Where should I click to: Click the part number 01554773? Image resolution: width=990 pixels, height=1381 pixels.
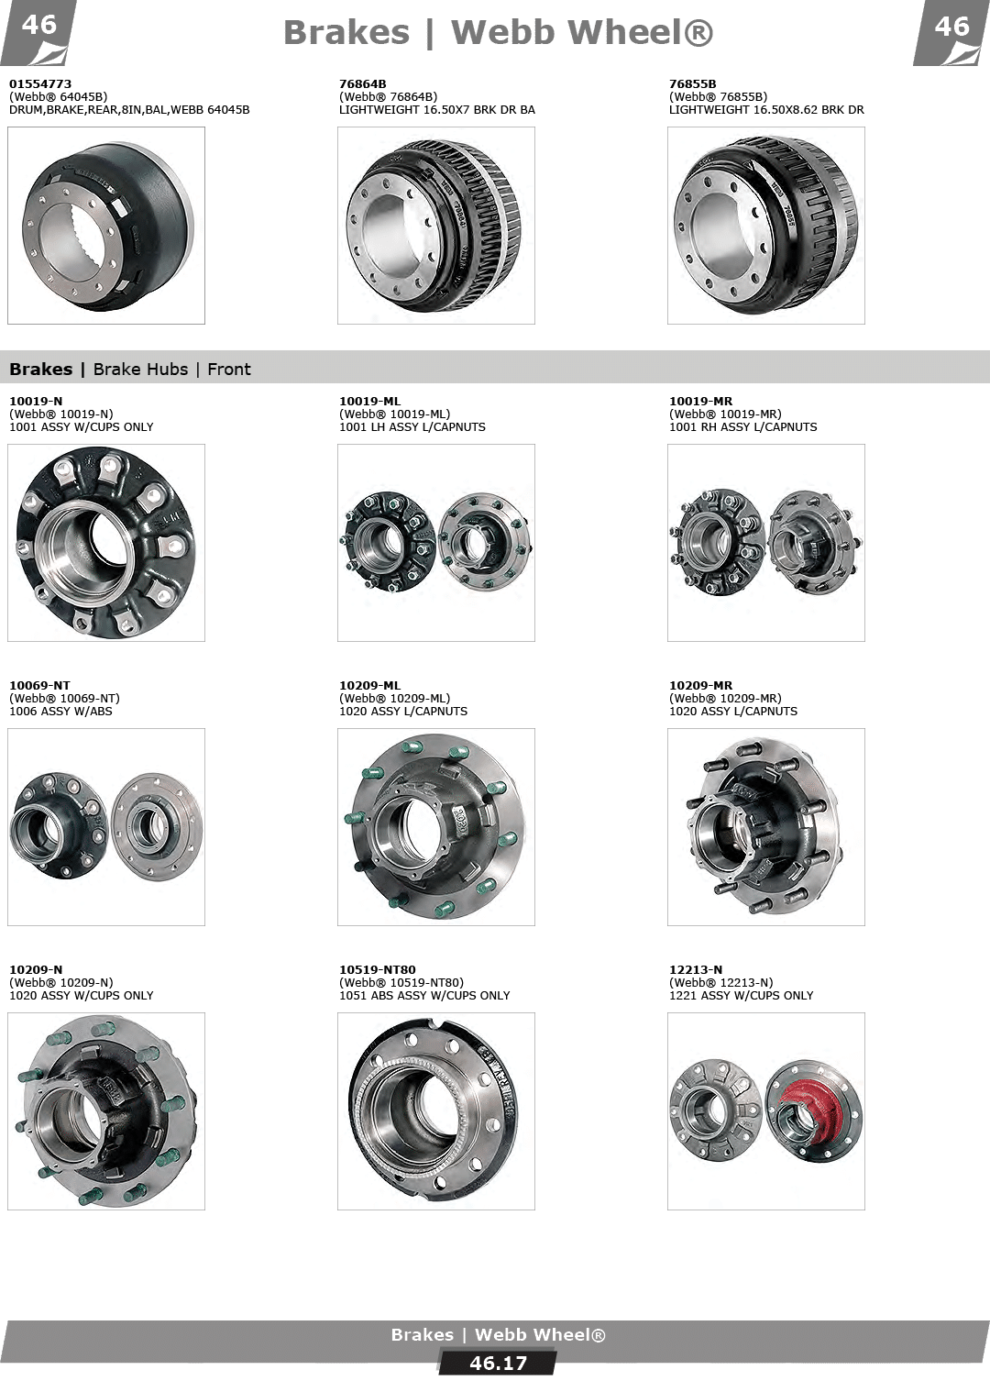point(40,83)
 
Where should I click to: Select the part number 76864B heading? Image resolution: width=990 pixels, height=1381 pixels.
point(362,83)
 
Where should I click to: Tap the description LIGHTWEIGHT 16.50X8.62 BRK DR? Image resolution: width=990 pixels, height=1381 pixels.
point(766,110)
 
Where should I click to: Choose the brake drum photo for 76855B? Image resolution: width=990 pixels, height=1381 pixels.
point(765,225)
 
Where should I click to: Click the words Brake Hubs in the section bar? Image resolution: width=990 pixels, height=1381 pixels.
point(140,370)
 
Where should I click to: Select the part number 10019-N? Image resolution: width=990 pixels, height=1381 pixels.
point(36,402)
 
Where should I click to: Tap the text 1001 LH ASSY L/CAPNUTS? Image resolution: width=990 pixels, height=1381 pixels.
point(412,427)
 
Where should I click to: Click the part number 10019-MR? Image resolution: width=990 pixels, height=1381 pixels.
point(701,402)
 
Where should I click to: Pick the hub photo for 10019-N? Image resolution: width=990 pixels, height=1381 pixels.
point(105,543)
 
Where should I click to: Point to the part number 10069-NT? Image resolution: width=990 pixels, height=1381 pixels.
point(39,686)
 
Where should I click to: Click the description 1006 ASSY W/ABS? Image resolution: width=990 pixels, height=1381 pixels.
point(60,712)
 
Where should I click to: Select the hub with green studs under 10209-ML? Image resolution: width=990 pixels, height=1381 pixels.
point(435,827)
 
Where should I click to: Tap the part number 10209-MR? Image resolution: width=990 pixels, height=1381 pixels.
point(701,686)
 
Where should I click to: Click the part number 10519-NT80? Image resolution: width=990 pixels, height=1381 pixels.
point(378,970)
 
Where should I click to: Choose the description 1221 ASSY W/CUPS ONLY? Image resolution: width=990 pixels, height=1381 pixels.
point(741,996)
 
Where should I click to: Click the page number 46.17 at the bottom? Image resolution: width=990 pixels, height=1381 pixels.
point(498,1364)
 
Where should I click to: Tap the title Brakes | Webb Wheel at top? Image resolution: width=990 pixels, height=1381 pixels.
point(498,32)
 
